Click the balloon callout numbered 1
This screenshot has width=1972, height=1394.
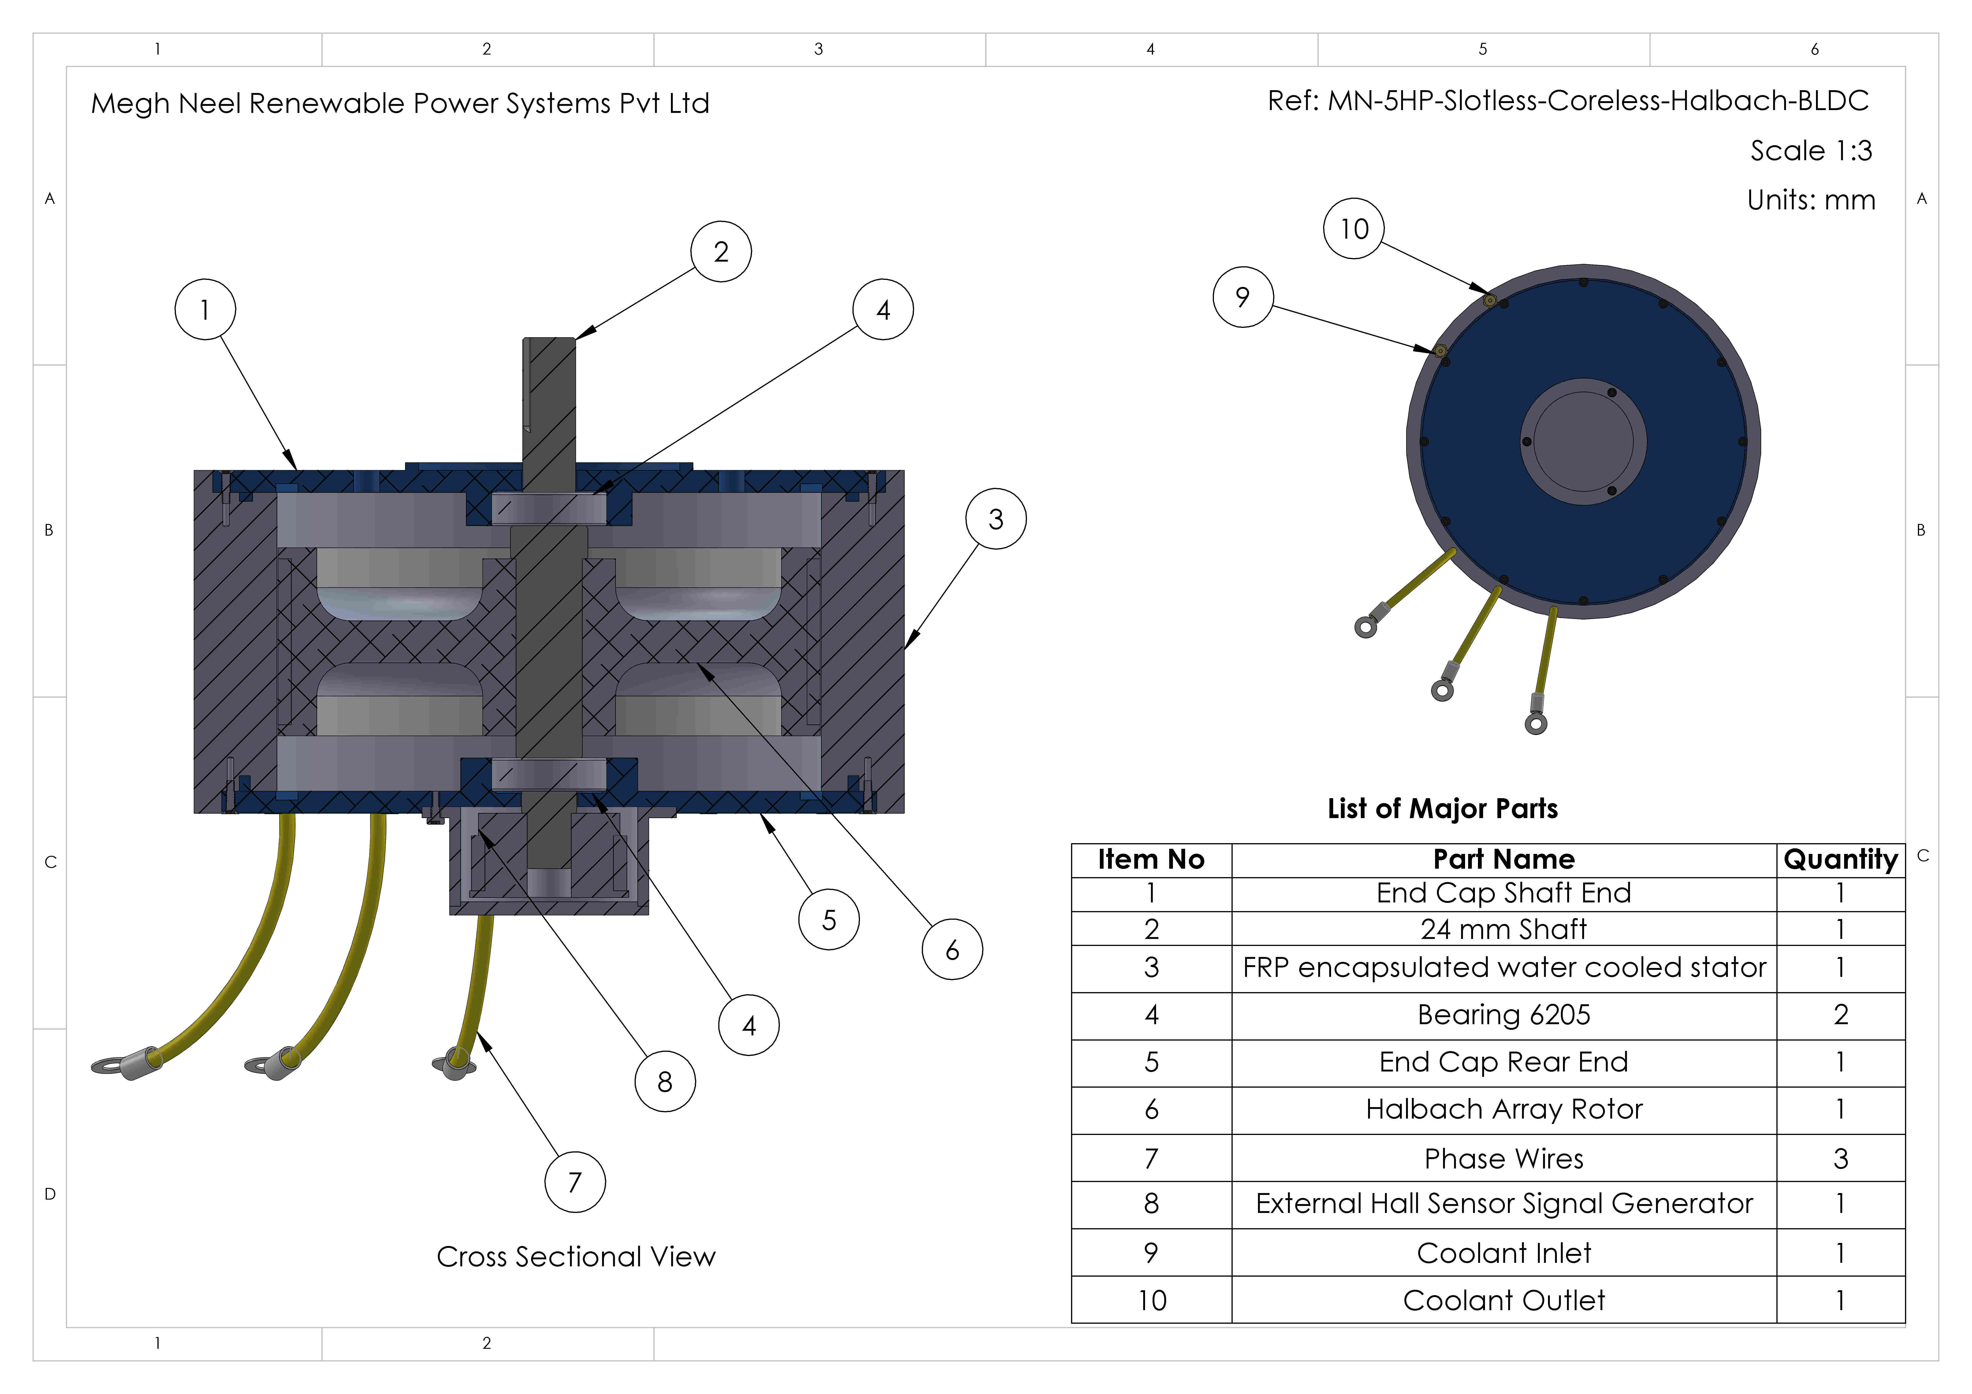point(205,309)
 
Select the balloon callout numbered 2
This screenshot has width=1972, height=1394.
point(721,252)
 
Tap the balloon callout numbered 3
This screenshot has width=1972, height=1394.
point(995,519)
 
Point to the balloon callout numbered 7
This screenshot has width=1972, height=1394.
point(575,1182)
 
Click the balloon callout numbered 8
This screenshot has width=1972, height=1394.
point(665,1081)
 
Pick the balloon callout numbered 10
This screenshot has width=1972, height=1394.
point(1354,228)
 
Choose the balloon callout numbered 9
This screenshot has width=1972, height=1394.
point(1242,297)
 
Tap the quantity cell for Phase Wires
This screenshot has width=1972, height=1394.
point(1840,1158)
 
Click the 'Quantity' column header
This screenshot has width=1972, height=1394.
point(1840,859)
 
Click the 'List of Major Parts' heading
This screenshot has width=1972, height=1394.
point(1442,808)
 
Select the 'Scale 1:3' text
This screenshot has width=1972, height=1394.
point(1811,150)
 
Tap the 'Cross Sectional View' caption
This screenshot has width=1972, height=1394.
point(575,1257)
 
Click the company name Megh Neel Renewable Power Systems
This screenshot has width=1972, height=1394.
point(400,103)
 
